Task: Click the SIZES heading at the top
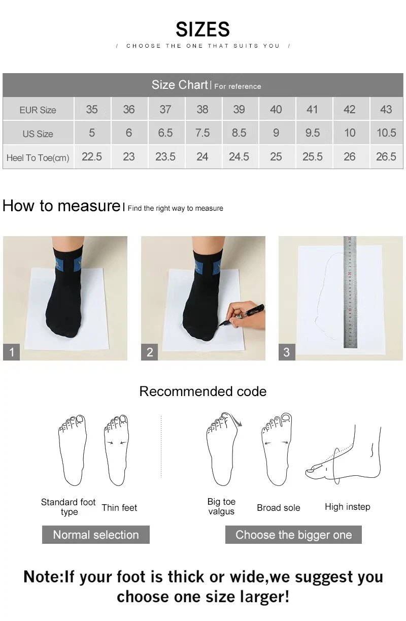(x=202, y=29)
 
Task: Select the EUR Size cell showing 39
(x=239, y=109)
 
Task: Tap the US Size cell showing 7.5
(x=202, y=133)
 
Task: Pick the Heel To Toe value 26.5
(x=386, y=157)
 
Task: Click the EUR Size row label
(x=38, y=110)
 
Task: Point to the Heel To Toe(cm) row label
(x=38, y=157)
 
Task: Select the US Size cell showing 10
(x=350, y=133)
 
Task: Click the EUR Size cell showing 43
(x=386, y=109)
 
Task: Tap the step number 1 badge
(x=12, y=352)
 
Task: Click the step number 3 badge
(x=287, y=352)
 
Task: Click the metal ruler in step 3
(x=350, y=292)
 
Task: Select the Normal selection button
(x=96, y=535)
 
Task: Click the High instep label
(x=348, y=507)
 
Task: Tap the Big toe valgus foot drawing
(x=222, y=449)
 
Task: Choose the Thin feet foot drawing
(x=117, y=449)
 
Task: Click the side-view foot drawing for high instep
(x=345, y=457)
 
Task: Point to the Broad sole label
(x=279, y=508)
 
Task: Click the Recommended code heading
(x=202, y=391)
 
